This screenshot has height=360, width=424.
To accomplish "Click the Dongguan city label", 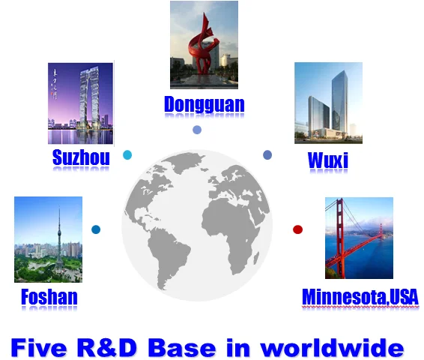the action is coord(205,104).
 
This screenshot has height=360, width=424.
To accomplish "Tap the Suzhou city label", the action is coord(81,157).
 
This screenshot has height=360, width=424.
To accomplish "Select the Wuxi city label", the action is coord(327,160).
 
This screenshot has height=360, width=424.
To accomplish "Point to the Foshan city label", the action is coord(49,297).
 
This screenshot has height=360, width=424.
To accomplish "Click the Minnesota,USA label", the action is coord(360,297).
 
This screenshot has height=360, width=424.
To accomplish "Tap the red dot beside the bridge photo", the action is coord(297,229).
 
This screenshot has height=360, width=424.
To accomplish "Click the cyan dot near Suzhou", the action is coord(127,154).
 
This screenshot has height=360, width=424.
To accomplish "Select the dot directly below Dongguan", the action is coord(197,130).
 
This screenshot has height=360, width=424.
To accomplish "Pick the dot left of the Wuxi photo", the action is coord(267,154).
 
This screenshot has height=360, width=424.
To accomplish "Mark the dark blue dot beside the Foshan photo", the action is coord(96,229).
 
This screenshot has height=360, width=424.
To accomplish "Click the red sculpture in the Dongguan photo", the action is coord(203,46).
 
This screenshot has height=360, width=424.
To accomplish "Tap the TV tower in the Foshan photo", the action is coord(59,238).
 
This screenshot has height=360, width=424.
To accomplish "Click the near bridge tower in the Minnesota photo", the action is coord(340,238).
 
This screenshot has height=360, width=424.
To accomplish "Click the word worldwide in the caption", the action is coord(332,347).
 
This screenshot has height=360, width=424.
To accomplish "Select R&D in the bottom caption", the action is coord(107,347).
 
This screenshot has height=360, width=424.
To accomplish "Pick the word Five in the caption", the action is coord(39,347).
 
